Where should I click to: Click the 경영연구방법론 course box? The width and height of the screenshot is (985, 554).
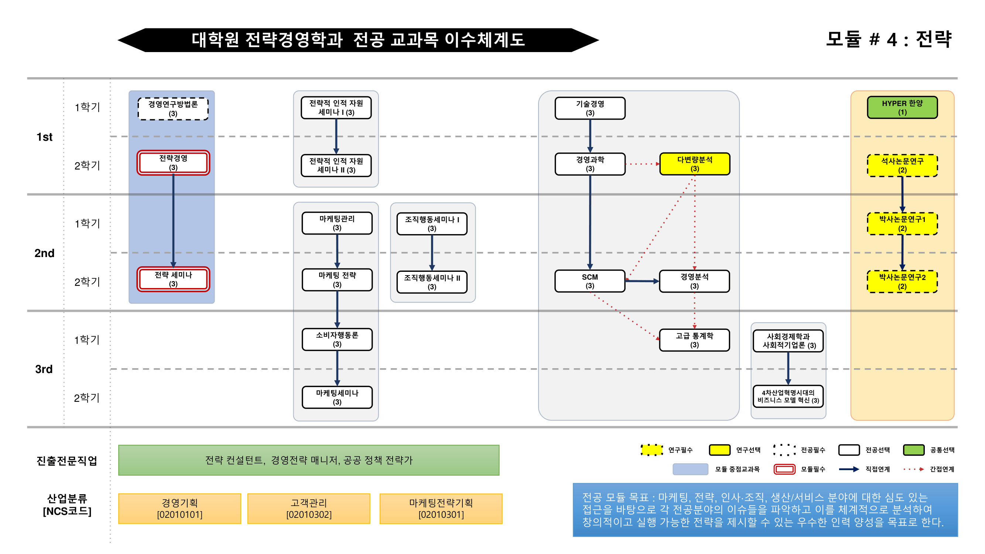click(173, 109)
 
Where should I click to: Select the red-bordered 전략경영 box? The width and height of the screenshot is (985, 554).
click(173, 163)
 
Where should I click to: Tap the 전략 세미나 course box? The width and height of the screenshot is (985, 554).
click(173, 279)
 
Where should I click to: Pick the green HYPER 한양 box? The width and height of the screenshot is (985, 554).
click(902, 107)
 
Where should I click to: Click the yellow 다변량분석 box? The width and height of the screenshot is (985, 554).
click(694, 164)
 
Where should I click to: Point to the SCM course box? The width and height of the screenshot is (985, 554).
click(589, 281)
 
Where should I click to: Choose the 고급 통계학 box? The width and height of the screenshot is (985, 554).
click(694, 340)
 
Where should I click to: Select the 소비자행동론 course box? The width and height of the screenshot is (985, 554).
click(337, 339)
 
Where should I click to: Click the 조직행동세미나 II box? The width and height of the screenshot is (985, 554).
click(432, 282)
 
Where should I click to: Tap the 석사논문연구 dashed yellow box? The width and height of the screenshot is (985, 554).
click(902, 165)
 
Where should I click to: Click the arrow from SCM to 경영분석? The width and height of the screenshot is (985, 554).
click(642, 281)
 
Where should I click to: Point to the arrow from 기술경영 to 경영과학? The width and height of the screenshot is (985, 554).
click(590, 136)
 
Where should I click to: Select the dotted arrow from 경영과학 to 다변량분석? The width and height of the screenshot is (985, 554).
click(642, 164)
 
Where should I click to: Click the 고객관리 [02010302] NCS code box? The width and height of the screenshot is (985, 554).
click(309, 508)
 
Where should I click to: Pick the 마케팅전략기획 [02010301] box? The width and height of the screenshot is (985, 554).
click(441, 508)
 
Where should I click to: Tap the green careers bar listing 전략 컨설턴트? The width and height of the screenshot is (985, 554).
click(309, 460)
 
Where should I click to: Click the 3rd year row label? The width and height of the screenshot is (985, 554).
click(44, 369)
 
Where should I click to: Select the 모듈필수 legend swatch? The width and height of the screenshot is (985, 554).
click(784, 469)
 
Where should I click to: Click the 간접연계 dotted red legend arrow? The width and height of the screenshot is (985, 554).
click(913, 469)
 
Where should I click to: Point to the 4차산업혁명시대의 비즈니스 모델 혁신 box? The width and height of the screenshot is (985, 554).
click(788, 396)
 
